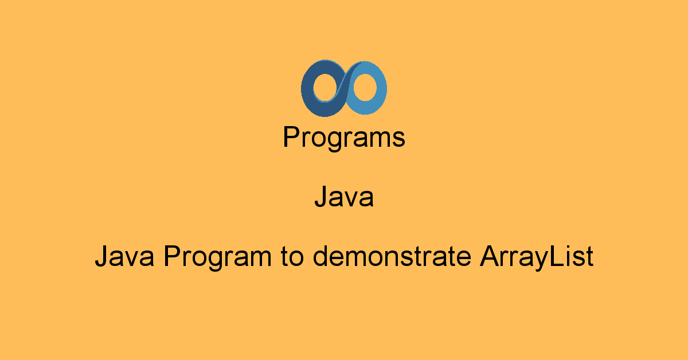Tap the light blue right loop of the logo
tap(381, 89)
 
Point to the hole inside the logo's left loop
tap(326, 88)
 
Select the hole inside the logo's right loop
tap(365, 88)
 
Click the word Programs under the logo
tap(344, 138)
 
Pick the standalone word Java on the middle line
tap(344, 197)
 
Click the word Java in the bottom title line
tap(125, 256)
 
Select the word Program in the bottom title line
tap(217, 258)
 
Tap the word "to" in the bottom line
tap(292, 257)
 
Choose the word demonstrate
tap(392, 256)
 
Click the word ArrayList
tap(536, 258)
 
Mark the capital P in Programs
tap(292, 136)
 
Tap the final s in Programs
tap(398, 140)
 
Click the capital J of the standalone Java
tap(320, 197)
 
